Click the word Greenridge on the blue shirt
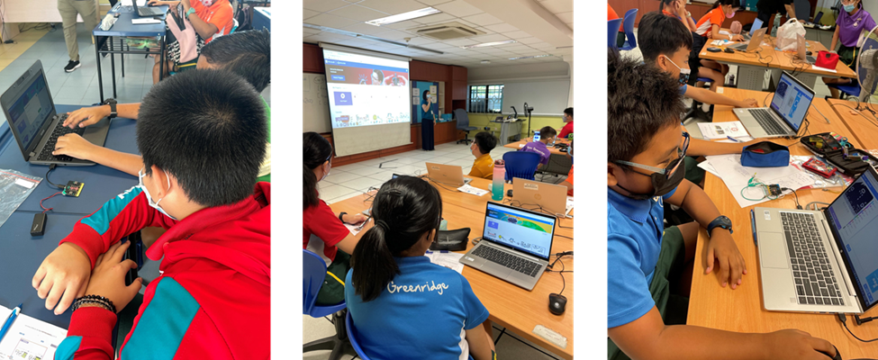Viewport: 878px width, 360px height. click(418, 287)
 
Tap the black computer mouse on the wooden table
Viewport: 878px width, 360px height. click(557, 303)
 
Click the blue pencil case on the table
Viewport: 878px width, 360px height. click(765, 155)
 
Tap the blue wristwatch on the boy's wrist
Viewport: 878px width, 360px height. click(719, 225)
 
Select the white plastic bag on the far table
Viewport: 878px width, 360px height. click(790, 36)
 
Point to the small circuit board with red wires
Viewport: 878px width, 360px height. click(71, 189)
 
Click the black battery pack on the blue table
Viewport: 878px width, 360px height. click(39, 223)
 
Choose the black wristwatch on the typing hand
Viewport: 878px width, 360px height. click(111, 107)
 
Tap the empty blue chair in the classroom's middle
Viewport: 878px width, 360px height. click(520, 165)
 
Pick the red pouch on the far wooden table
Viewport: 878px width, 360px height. click(827, 59)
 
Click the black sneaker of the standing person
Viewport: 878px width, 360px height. click(72, 65)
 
